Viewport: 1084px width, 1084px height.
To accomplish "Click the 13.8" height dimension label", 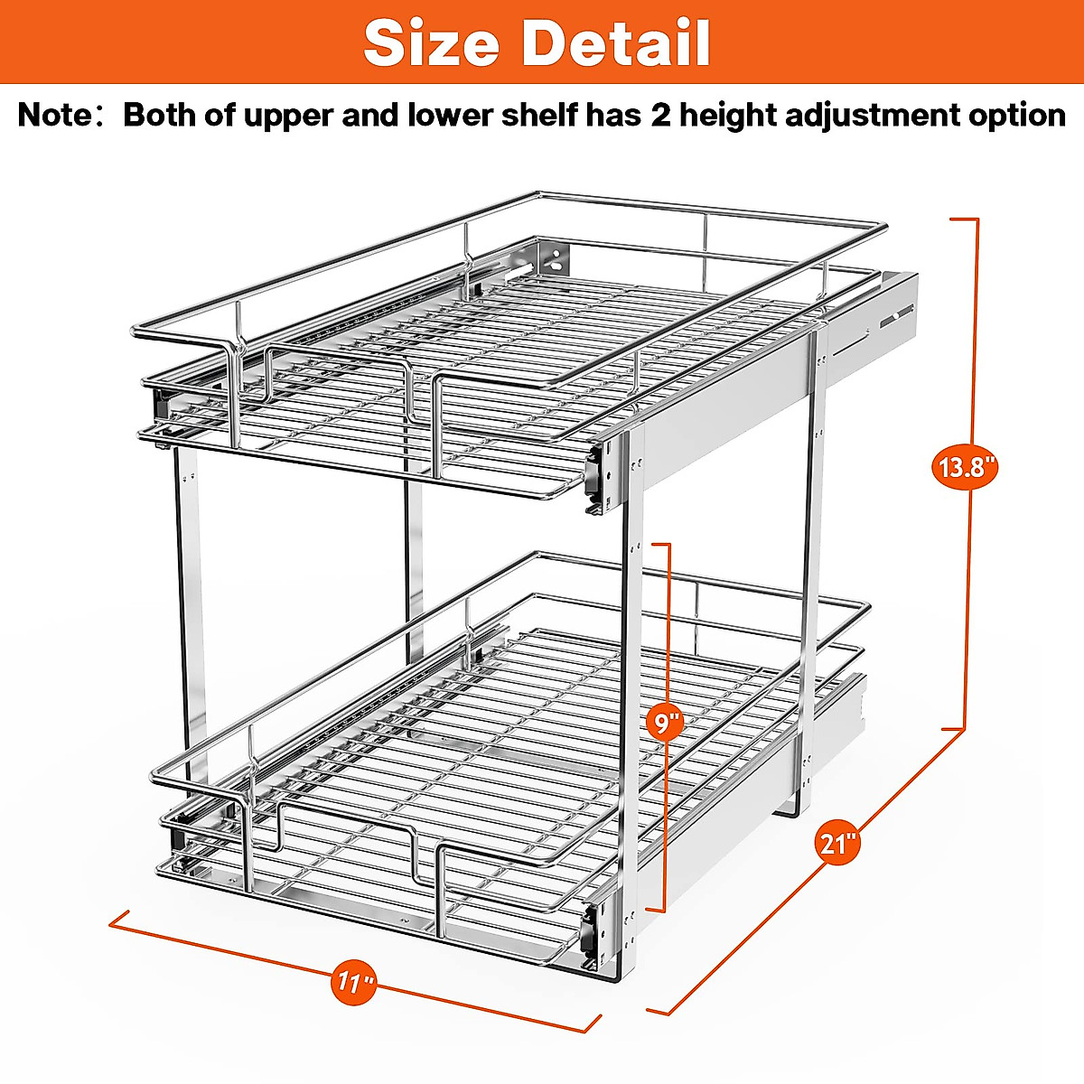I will point(965,468).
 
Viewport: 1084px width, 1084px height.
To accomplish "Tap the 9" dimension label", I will point(666,723).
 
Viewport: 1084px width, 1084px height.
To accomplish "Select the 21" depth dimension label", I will point(837,844).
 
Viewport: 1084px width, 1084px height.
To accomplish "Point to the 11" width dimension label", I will point(356,981).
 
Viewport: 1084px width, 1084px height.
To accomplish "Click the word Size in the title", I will point(431,42).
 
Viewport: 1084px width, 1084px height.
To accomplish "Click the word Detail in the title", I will point(616,42).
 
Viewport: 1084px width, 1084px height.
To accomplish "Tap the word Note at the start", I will point(55,116).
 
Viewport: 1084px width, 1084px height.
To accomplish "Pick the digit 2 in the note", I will point(661,116).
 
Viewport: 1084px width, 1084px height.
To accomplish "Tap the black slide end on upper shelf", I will point(595,476).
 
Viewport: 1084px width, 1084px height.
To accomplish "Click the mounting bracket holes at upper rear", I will point(553,257).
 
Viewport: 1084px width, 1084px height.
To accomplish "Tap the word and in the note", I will point(370,116).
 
